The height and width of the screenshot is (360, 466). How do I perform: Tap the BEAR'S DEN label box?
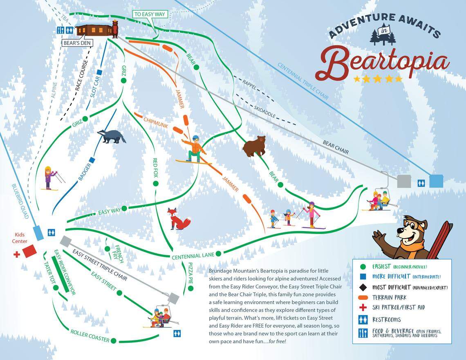coord(77,43)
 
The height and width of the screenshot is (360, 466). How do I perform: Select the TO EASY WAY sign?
coord(150,14)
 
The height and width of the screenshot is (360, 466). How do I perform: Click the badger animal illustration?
coord(111,137)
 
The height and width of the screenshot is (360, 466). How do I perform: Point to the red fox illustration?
coord(178,218)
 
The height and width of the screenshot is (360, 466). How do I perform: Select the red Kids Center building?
coord(29,251)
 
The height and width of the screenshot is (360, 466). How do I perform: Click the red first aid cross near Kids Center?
coord(17,254)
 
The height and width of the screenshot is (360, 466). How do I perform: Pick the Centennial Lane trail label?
coord(193,256)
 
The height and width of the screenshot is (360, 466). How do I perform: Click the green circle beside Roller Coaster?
coord(114,340)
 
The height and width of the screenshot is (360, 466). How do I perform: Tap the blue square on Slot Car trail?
coord(99,72)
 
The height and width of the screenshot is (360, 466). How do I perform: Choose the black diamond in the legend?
coord(361,287)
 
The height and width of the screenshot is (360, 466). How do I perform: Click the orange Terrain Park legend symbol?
coord(361,297)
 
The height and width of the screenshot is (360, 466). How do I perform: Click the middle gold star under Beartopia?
coord(378,79)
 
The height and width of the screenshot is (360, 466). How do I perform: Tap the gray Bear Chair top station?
coord(404,181)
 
